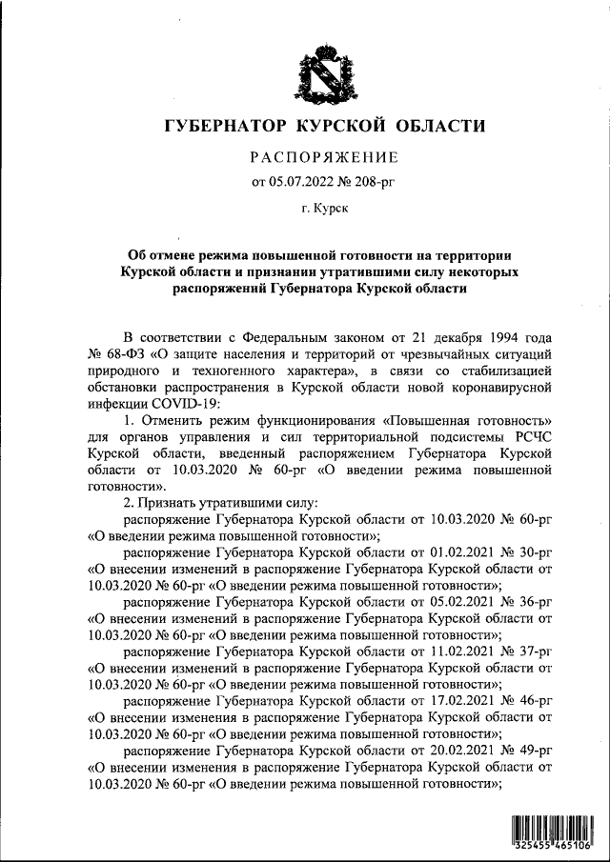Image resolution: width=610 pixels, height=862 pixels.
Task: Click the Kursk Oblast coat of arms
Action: point(305,70)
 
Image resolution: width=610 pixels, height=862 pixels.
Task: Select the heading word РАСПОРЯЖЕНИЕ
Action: point(323,156)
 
